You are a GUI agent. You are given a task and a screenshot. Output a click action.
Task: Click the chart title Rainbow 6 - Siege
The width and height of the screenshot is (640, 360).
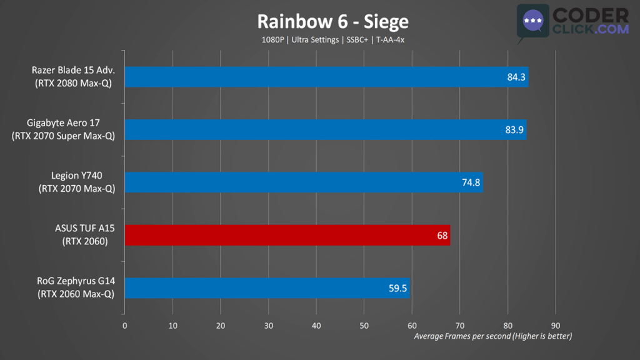click(333, 22)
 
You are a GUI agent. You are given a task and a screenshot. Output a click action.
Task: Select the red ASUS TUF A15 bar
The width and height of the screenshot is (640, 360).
click(287, 236)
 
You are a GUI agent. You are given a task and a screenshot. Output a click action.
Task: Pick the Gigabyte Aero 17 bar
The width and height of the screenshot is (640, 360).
click(325, 130)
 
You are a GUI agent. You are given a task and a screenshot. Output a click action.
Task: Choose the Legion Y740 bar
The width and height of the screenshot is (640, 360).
click(304, 182)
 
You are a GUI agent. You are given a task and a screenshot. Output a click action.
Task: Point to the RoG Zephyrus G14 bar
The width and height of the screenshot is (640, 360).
click(267, 288)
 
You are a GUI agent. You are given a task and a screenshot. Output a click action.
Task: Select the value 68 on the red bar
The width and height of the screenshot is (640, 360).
click(442, 236)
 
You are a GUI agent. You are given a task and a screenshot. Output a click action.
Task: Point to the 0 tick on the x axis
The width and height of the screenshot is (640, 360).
click(125, 326)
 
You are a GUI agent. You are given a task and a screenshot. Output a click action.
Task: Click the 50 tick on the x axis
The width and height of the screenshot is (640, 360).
click(364, 326)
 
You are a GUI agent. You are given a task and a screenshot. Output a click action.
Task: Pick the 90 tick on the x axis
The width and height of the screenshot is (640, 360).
click(556, 326)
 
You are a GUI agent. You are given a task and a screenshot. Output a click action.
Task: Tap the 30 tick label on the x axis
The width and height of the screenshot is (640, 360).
click(269, 326)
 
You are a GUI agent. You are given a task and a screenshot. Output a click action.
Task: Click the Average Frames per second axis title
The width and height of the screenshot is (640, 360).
click(493, 336)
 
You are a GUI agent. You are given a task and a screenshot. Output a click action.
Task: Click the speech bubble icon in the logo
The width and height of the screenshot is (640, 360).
click(532, 23)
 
